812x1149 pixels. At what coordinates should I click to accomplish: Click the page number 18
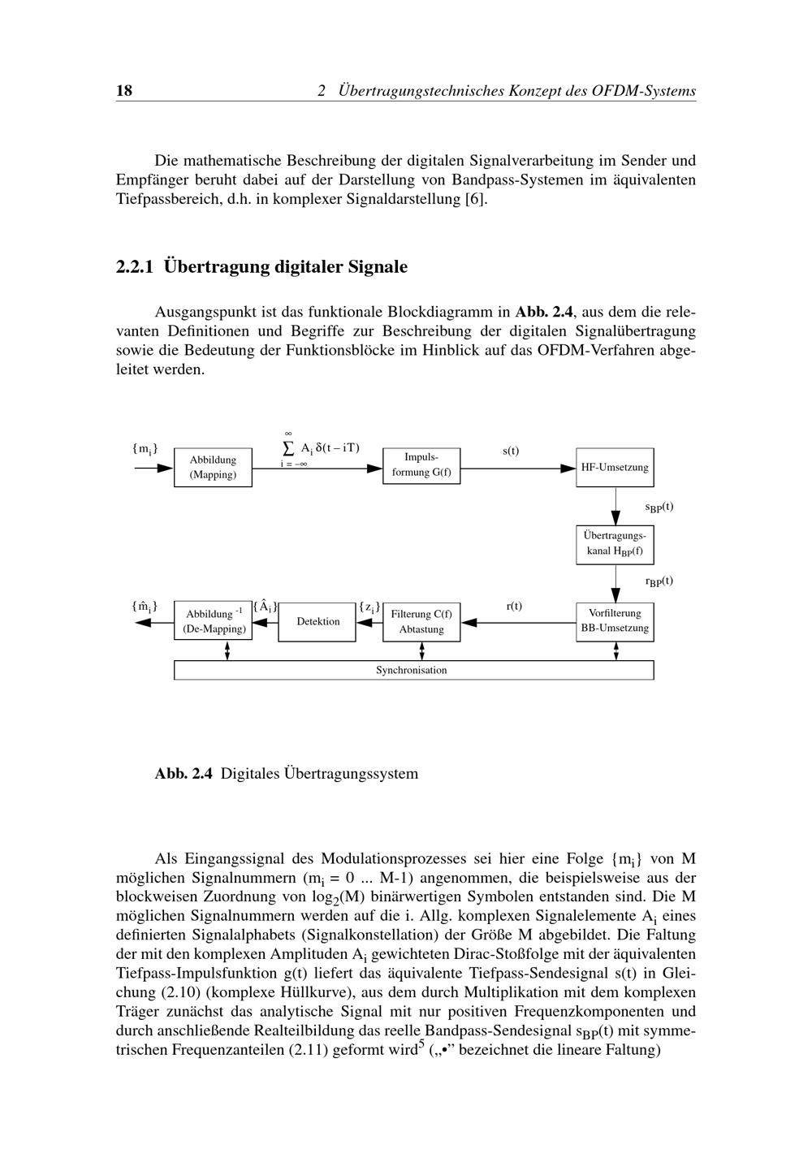click(x=124, y=91)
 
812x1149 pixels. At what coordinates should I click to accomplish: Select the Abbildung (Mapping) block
click(x=213, y=468)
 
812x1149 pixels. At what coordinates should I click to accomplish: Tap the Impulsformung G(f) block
click(x=421, y=465)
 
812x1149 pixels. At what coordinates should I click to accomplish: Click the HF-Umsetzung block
click(x=615, y=468)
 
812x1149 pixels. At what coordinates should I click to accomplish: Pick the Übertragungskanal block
click(x=615, y=544)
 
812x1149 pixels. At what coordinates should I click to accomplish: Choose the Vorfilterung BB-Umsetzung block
click(x=615, y=621)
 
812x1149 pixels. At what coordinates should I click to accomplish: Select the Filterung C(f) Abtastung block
click(x=421, y=622)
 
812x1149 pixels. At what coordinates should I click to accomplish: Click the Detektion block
click(x=317, y=622)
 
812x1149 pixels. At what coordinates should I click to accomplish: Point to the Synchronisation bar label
click(x=411, y=671)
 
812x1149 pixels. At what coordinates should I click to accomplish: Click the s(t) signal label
click(x=511, y=451)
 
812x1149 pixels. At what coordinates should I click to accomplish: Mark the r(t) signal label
click(x=514, y=607)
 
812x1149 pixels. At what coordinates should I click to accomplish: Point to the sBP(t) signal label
click(x=659, y=508)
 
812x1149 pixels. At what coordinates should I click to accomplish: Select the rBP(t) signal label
click(x=659, y=581)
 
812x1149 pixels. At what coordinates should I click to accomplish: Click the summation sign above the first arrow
click(x=287, y=448)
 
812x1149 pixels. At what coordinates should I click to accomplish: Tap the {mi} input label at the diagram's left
click(x=145, y=449)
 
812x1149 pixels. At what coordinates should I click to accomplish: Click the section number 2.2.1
click(x=136, y=267)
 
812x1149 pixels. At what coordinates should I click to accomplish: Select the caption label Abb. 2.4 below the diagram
click(x=184, y=774)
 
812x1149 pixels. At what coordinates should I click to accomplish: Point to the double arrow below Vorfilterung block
click(x=616, y=650)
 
